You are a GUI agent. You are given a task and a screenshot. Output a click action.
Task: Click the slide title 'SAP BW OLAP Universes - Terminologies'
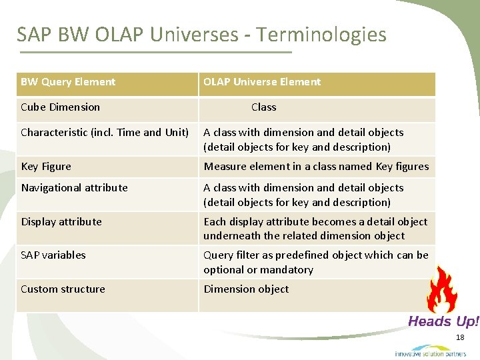coord(201,34)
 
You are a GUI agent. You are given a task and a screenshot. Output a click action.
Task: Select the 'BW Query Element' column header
coord(68,82)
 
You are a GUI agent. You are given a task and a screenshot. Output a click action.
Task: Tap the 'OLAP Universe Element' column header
coord(262,82)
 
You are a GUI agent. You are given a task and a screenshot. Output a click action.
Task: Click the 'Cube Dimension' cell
coord(61,107)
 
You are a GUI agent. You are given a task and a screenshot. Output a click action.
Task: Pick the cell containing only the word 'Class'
coord(263,107)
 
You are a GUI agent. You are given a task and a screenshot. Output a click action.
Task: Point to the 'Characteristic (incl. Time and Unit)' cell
coord(105,133)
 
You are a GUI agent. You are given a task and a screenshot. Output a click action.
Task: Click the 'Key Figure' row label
coord(46,167)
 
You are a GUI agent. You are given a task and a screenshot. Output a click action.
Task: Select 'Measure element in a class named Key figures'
coord(316,167)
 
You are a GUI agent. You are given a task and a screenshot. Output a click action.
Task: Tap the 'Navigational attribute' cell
coord(74,188)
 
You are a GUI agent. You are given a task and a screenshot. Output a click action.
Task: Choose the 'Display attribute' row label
coord(61,222)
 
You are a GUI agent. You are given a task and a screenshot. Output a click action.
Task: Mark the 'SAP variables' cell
coord(53,255)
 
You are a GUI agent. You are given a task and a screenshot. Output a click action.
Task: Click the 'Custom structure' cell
coord(63,289)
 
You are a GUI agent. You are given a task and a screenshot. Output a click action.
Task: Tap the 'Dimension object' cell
coord(246,289)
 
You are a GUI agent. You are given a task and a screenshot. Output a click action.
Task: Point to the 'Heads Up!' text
coord(443,322)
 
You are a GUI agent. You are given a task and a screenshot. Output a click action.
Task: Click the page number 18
coord(460,339)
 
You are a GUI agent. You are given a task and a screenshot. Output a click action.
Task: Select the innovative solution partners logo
coord(430,351)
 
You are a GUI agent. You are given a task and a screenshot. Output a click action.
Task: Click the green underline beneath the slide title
coord(155,52)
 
